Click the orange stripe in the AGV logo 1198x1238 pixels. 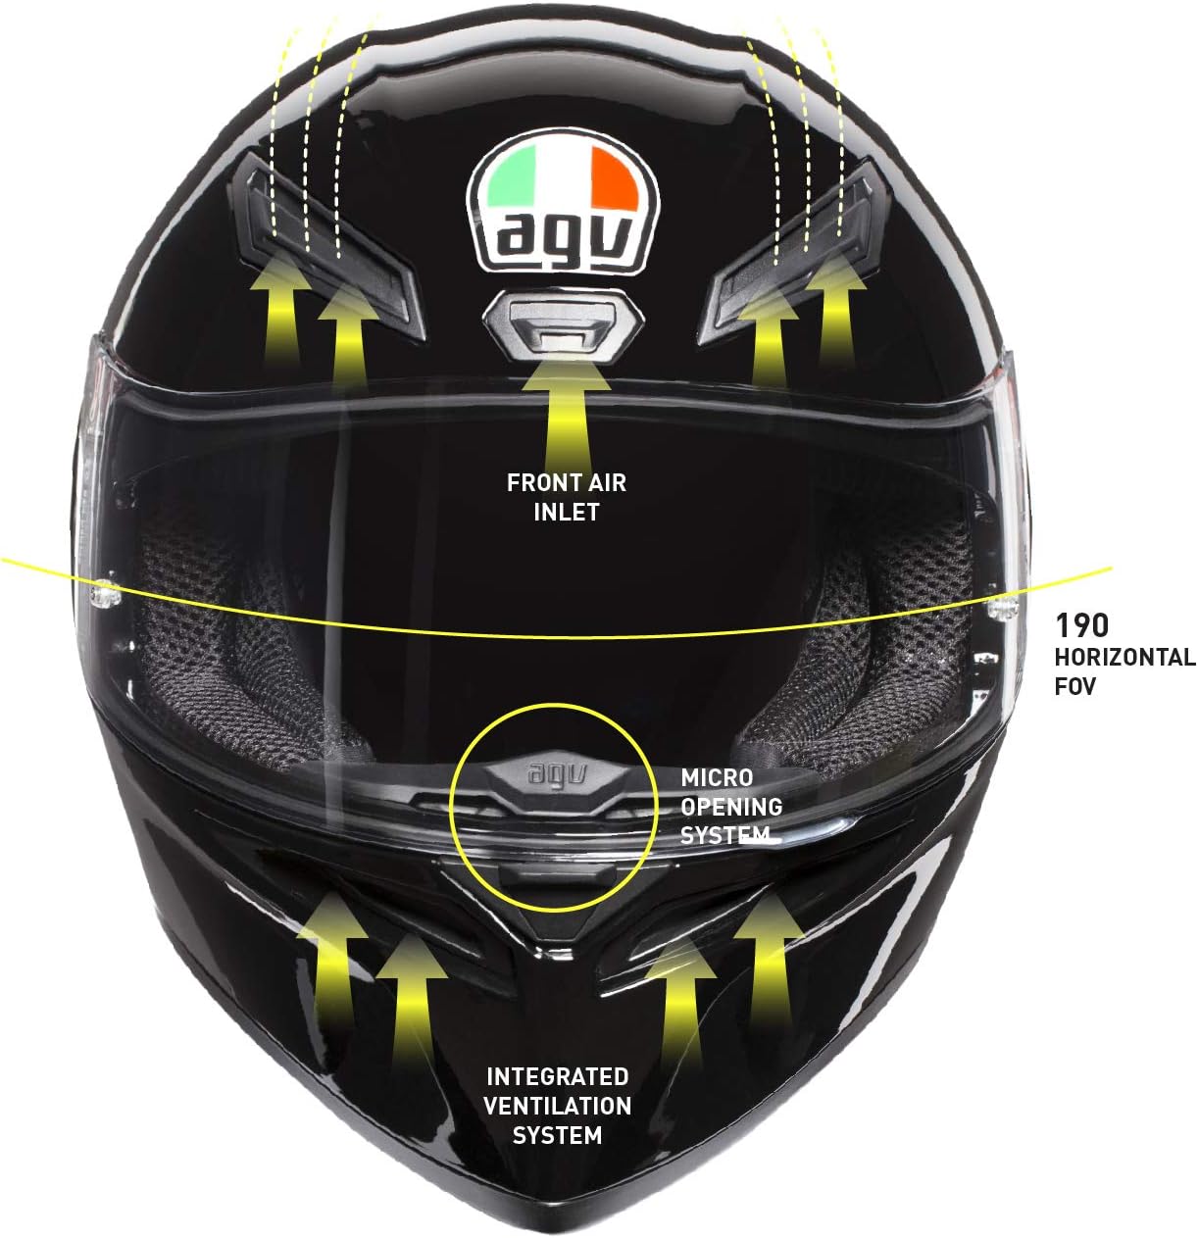pos(614,177)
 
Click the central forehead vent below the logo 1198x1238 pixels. pos(564,323)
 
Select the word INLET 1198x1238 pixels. pos(567,512)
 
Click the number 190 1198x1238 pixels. pos(1081,625)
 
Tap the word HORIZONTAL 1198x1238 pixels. pos(1124,657)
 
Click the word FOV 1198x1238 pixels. pos(1074,686)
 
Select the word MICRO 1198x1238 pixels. pos(717,777)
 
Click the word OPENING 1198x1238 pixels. pos(731,807)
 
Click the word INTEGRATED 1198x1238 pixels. pos(557,1077)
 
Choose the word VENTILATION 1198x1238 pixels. pos(557,1107)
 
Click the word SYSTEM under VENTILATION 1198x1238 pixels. pos(557,1136)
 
